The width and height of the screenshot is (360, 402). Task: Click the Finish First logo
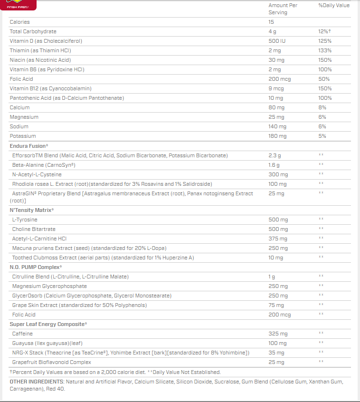18,5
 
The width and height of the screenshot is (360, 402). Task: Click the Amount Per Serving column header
283,9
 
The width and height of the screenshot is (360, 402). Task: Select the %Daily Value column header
333,5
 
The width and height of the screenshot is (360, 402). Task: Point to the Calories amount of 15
271,22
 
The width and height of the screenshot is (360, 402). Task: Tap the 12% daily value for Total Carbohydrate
324,31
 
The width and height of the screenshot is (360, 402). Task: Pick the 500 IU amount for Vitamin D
277,41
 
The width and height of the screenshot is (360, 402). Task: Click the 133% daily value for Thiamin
325,50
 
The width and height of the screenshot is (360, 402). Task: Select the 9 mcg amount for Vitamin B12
276,88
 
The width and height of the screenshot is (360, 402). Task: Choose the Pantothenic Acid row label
66,98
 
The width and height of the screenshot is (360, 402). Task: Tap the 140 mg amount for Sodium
277,126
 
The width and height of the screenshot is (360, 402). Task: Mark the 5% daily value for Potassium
322,136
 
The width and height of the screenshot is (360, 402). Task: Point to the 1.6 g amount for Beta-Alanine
274,165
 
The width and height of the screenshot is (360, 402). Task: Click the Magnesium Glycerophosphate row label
49,286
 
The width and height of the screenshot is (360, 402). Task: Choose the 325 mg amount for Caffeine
278,334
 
